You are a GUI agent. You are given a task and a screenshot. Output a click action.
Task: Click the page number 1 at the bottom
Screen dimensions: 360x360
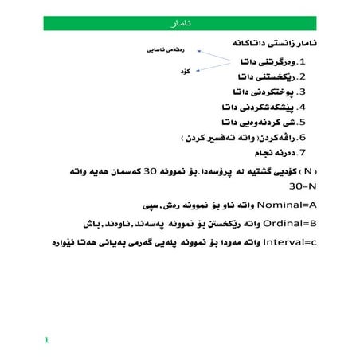47,341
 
